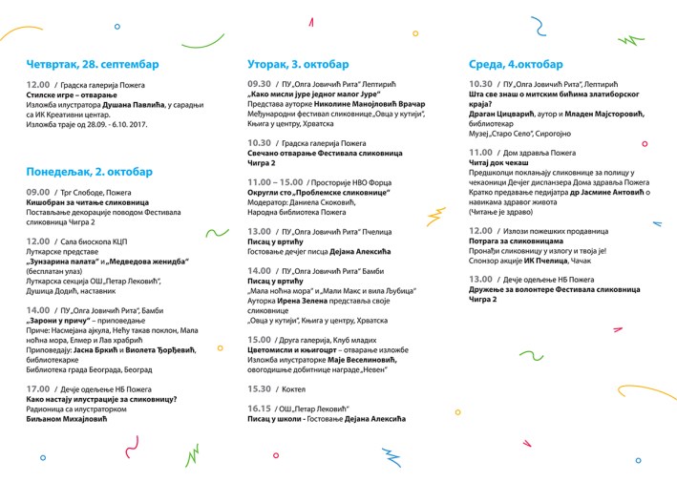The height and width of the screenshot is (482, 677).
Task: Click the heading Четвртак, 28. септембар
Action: (x=93, y=64)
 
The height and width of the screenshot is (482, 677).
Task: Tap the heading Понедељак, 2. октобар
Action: (x=89, y=172)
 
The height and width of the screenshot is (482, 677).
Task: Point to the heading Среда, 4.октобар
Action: (x=516, y=64)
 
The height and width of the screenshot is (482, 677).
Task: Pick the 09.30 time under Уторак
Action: (x=259, y=84)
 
